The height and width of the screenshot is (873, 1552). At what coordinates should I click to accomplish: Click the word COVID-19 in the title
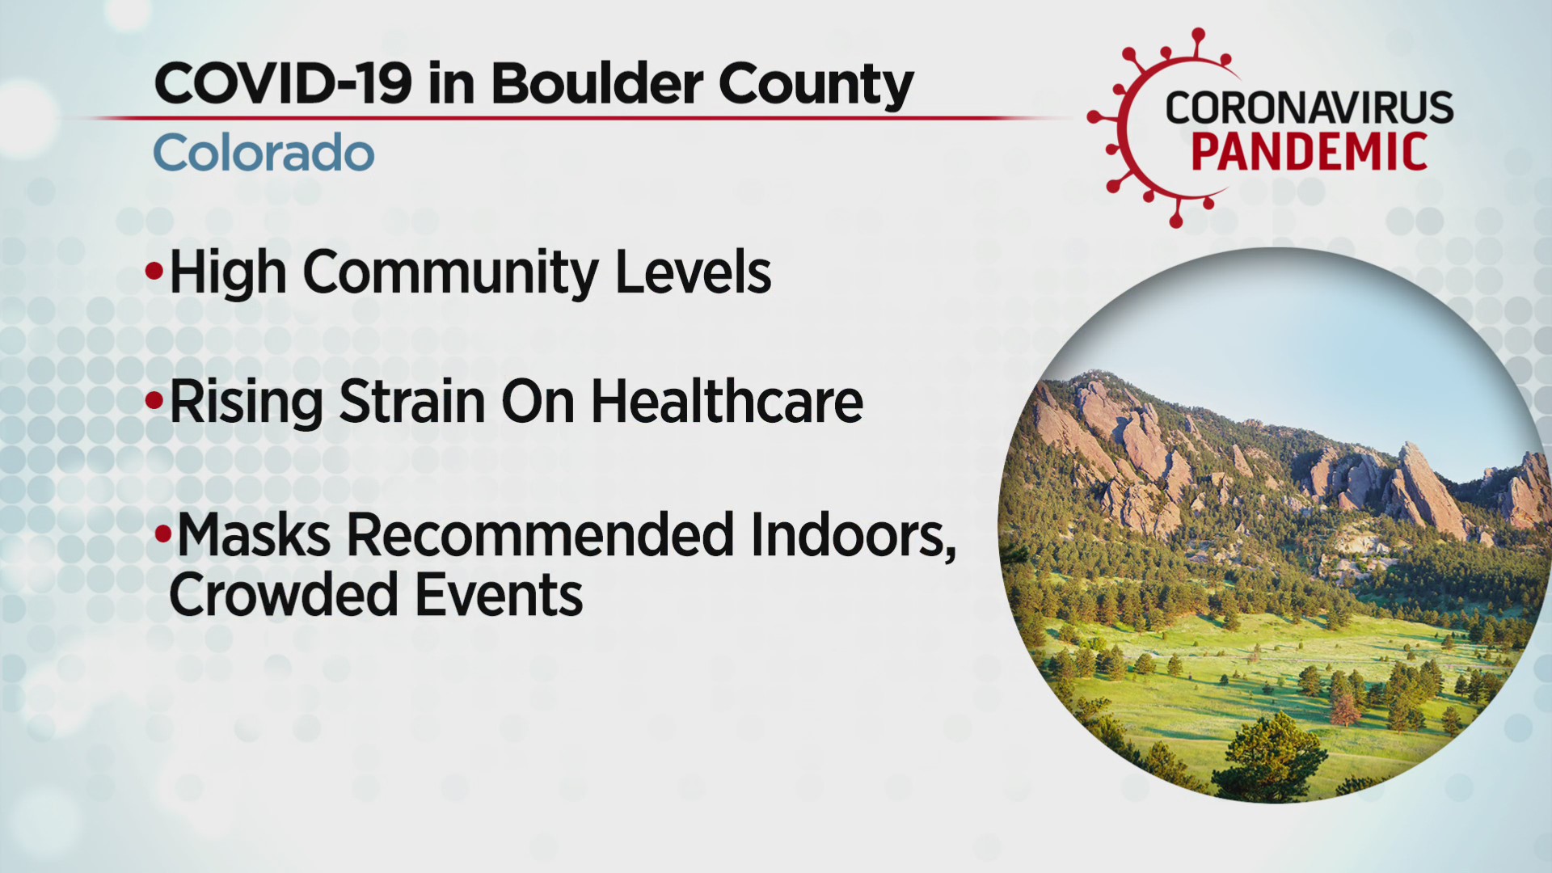(283, 83)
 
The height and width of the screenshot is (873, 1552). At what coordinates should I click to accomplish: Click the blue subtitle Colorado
(264, 153)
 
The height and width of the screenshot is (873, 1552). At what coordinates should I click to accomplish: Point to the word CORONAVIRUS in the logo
(1309, 108)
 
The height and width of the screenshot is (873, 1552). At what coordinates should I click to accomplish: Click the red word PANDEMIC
(1309, 152)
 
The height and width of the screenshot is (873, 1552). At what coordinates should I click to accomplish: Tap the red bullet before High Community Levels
(154, 272)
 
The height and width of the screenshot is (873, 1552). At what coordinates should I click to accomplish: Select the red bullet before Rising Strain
(154, 401)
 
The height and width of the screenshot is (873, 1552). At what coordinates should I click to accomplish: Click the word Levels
(693, 272)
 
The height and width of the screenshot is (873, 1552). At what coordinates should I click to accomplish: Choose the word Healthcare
(727, 401)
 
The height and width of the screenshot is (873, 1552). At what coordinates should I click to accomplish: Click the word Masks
(254, 534)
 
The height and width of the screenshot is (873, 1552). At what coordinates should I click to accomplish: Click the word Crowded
(284, 595)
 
